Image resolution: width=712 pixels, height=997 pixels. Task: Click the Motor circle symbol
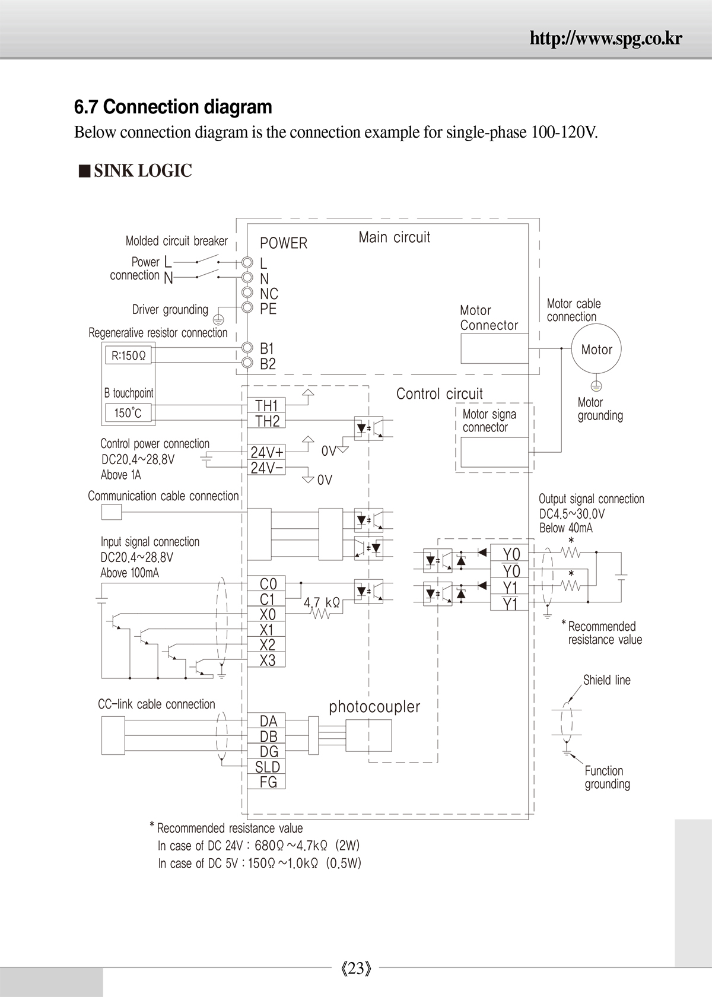(596, 349)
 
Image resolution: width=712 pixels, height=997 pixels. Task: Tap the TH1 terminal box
(266, 405)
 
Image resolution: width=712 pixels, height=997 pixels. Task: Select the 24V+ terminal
(266, 452)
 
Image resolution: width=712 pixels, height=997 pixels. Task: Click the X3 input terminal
(266, 660)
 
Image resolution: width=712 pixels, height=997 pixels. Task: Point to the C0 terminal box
(266, 583)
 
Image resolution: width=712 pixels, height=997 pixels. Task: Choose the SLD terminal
(266, 767)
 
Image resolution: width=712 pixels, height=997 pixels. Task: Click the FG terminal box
(266, 782)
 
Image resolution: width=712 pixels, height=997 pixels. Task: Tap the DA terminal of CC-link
(266, 721)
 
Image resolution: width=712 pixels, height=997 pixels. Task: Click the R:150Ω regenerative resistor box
(128, 355)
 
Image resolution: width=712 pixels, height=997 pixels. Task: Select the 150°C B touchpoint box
(128, 412)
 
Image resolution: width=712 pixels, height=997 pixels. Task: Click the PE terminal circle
(247, 307)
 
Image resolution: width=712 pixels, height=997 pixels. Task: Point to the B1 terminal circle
(247, 348)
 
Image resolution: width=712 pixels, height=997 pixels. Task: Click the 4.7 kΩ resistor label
(322, 603)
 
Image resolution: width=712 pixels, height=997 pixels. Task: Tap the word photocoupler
(374, 707)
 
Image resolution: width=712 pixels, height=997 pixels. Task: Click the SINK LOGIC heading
(142, 170)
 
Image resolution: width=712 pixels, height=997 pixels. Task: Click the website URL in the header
(606, 39)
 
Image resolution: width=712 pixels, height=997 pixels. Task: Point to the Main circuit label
(394, 237)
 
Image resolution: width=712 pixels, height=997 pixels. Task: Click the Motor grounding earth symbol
(596, 386)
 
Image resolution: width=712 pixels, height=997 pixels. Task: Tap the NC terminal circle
(247, 292)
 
